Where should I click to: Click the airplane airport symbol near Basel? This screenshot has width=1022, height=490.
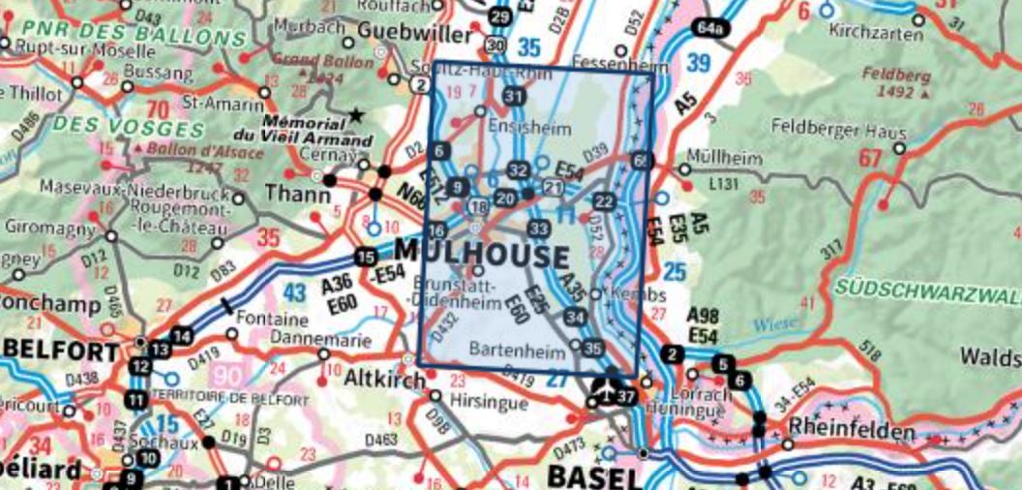602,389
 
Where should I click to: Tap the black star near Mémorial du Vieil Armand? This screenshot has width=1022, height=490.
357,116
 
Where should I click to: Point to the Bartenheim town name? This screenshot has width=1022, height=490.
517,351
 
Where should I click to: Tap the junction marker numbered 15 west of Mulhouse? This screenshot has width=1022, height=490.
364,257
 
